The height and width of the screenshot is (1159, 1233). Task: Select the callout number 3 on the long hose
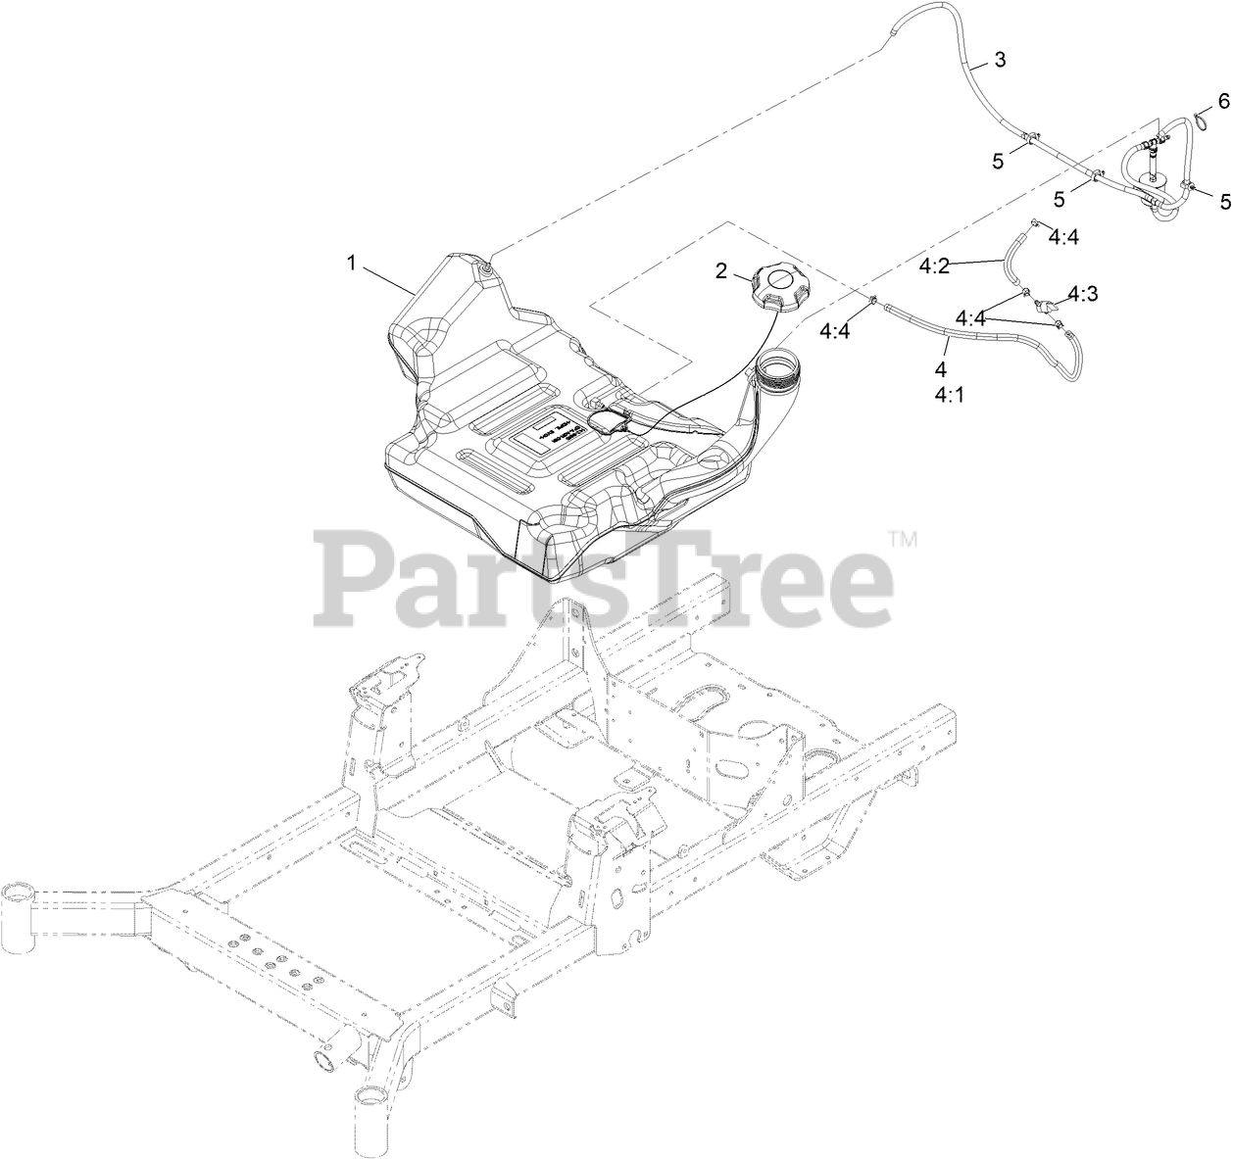click(999, 60)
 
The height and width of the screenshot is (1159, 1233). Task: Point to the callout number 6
click(1223, 100)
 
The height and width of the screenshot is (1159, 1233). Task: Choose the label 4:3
click(1083, 293)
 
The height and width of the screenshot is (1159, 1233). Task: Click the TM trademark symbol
click(902, 538)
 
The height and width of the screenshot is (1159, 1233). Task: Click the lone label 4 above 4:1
click(941, 370)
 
